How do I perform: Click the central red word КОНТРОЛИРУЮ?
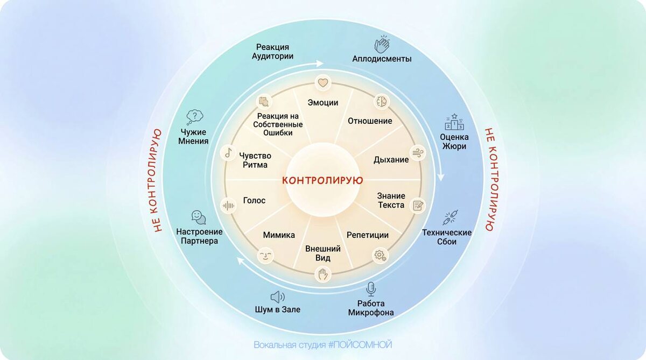point(322,180)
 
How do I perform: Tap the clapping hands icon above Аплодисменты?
point(382,44)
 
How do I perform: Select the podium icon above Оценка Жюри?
point(454,123)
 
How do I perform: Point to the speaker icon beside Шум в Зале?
point(277,297)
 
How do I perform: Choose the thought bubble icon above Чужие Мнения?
point(194,116)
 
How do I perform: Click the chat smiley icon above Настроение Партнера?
point(198,217)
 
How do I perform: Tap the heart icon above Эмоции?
point(322,83)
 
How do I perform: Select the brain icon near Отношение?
point(381,101)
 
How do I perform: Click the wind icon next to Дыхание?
point(418,153)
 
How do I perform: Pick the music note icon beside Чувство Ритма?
point(228,153)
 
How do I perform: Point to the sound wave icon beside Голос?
point(228,205)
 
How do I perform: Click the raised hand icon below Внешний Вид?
point(322,274)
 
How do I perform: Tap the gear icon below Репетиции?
point(380,255)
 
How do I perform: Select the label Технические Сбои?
point(447,237)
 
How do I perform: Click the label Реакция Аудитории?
point(273,52)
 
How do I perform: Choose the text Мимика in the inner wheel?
point(279,235)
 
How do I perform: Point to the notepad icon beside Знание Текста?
point(418,205)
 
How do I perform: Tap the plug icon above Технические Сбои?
point(449,217)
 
